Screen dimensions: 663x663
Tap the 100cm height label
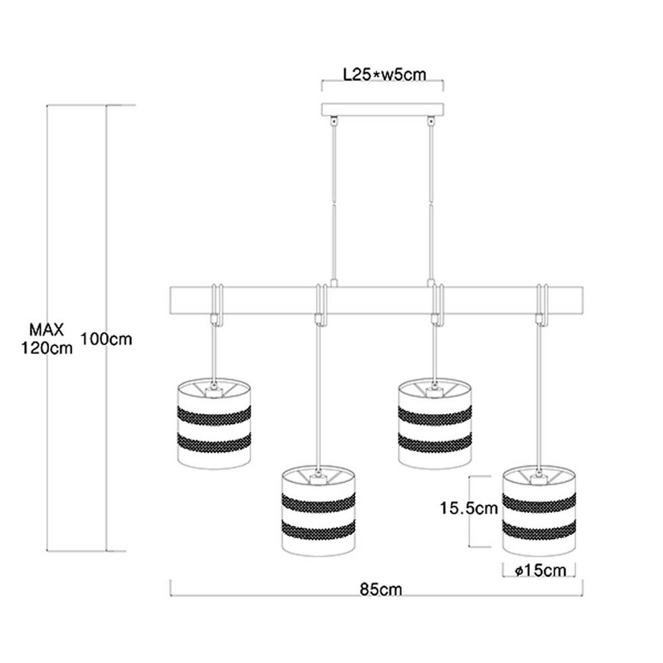click(106, 339)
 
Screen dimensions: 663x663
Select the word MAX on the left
click(47, 330)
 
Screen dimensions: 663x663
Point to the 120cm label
click(47, 349)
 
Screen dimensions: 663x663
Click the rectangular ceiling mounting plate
click(382, 110)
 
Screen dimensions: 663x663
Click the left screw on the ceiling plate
click(333, 121)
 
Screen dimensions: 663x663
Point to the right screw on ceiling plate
click(430, 121)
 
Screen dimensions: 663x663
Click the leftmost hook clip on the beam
click(217, 304)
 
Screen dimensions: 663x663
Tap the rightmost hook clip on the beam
click(541, 304)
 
